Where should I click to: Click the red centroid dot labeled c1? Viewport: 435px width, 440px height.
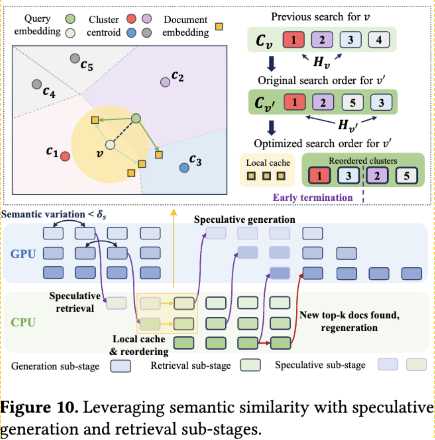65,156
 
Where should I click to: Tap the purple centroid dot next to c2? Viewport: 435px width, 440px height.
165,82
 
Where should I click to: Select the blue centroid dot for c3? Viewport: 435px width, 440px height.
184,168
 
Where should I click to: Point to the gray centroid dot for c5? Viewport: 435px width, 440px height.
75,59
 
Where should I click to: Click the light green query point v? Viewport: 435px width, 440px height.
110,145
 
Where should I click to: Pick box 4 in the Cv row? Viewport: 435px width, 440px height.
379,40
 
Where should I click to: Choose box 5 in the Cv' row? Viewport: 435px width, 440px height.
353,102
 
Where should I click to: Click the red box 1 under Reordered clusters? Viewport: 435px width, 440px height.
319,175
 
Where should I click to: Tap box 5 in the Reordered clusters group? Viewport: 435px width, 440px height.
406,175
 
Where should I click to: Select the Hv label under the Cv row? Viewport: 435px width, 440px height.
321,62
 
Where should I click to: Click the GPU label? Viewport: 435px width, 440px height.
23,254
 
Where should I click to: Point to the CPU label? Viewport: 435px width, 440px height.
23,322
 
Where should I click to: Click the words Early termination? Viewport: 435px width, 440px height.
312,198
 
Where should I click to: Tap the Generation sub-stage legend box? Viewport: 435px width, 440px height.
121,366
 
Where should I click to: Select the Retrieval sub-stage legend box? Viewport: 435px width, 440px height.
250,365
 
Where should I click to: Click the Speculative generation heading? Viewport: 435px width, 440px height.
244,220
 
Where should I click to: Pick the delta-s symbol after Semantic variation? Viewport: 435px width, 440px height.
101,215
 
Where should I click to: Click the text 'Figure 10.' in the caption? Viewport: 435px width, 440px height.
39,407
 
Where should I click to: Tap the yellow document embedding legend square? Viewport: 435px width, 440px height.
219,27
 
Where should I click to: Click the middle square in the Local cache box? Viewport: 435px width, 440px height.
266,176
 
